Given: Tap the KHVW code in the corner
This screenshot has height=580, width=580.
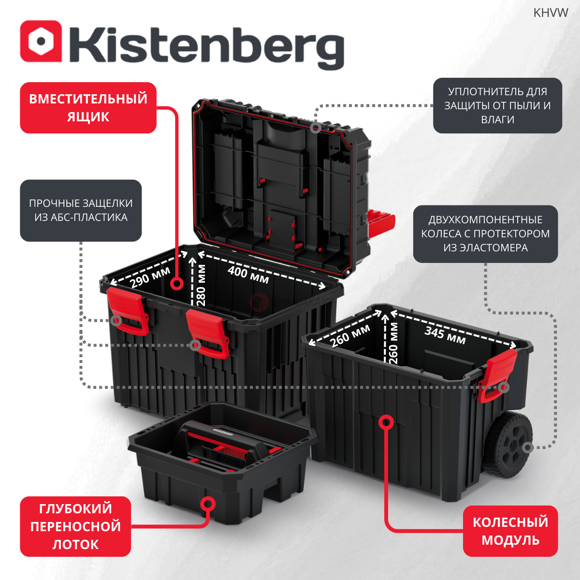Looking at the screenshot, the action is click(x=551, y=13).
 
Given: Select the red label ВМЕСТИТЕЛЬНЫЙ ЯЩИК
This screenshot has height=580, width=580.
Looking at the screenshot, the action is click(x=88, y=107).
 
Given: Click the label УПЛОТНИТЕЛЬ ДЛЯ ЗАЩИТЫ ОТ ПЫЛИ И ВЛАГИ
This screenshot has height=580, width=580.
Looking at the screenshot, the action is click(x=497, y=105).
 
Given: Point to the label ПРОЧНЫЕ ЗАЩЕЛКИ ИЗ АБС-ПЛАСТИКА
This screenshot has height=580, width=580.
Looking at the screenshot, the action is click(x=81, y=210).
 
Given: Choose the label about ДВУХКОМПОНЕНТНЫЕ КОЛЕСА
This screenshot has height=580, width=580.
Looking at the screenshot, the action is click(x=485, y=234).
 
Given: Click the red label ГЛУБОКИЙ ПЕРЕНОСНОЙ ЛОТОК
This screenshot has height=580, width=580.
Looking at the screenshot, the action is click(x=75, y=526).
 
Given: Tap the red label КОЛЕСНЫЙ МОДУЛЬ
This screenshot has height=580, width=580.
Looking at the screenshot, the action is click(x=510, y=531).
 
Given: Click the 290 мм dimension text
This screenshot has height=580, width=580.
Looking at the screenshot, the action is click(x=150, y=277).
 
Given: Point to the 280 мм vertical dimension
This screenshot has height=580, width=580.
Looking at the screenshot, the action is click(x=201, y=285).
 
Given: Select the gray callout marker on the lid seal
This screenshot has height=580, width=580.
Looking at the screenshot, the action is click(x=315, y=128).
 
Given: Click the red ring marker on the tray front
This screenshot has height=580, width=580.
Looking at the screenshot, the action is click(x=208, y=504).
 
